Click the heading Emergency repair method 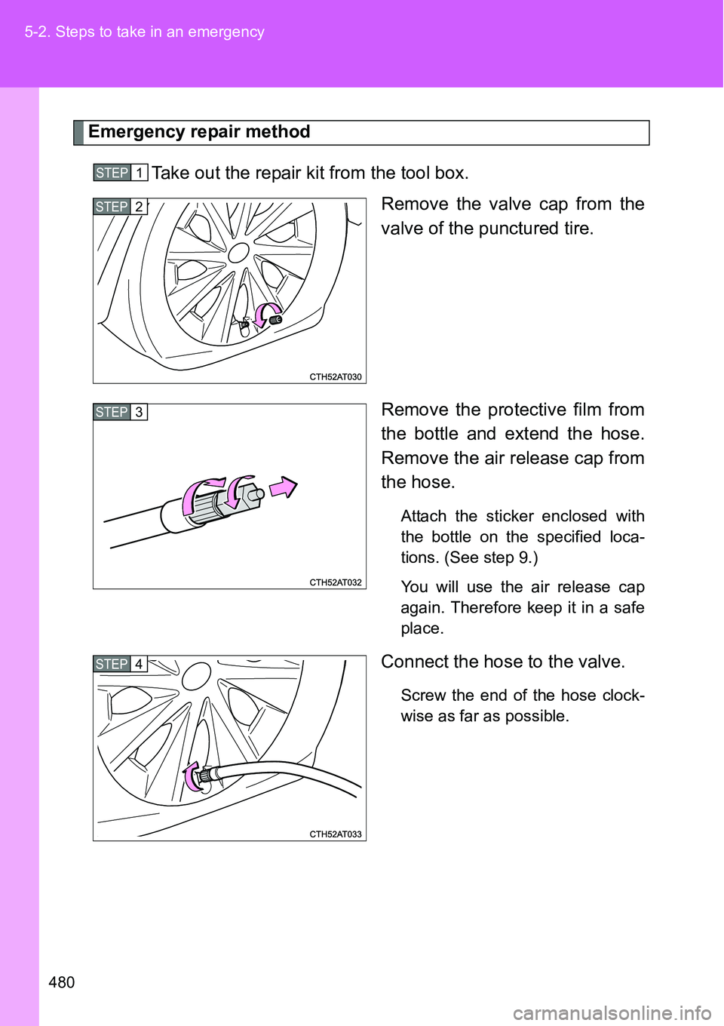coord(199,132)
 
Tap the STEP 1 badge coord(120,173)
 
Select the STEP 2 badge coord(120,207)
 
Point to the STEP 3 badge coord(120,412)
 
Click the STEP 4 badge coord(120,664)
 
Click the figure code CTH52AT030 coord(336,376)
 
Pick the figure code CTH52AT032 coord(336,582)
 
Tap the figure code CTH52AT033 coord(336,834)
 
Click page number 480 coord(62,981)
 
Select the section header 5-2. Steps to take coord(144,32)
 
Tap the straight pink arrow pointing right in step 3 coord(284,488)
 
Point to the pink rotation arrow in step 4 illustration coord(192,777)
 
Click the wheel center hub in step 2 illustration coord(238,252)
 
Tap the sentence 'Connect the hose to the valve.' coord(503,662)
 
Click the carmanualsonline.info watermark coord(612,1012)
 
